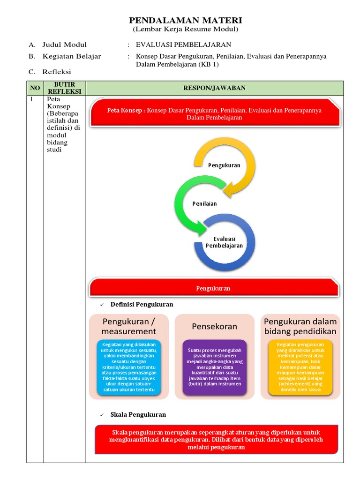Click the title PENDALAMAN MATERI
pyautogui.click(x=185, y=21)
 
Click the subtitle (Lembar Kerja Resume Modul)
pyautogui.click(x=185, y=30)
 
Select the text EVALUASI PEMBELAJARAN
pyautogui.click(x=183, y=45)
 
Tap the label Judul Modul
pyautogui.click(x=64, y=45)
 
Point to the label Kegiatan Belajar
pyautogui.click(x=71, y=57)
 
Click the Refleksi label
pyautogui.click(x=56, y=72)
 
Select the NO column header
pyautogui.click(x=35, y=88)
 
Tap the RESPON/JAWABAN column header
pyautogui.click(x=214, y=88)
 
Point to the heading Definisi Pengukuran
pyautogui.click(x=142, y=305)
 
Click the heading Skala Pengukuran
pyautogui.click(x=138, y=415)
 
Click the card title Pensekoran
pyautogui.click(x=214, y=326)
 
